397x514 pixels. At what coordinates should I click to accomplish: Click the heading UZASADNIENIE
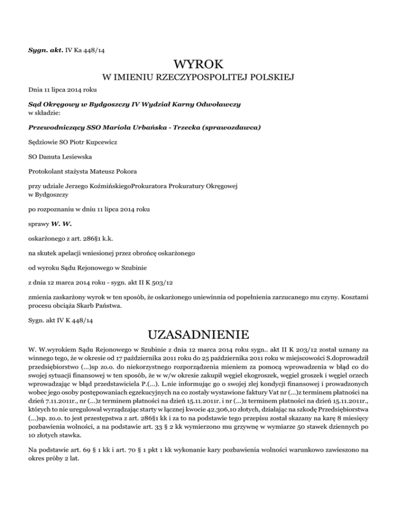point(198,331)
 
